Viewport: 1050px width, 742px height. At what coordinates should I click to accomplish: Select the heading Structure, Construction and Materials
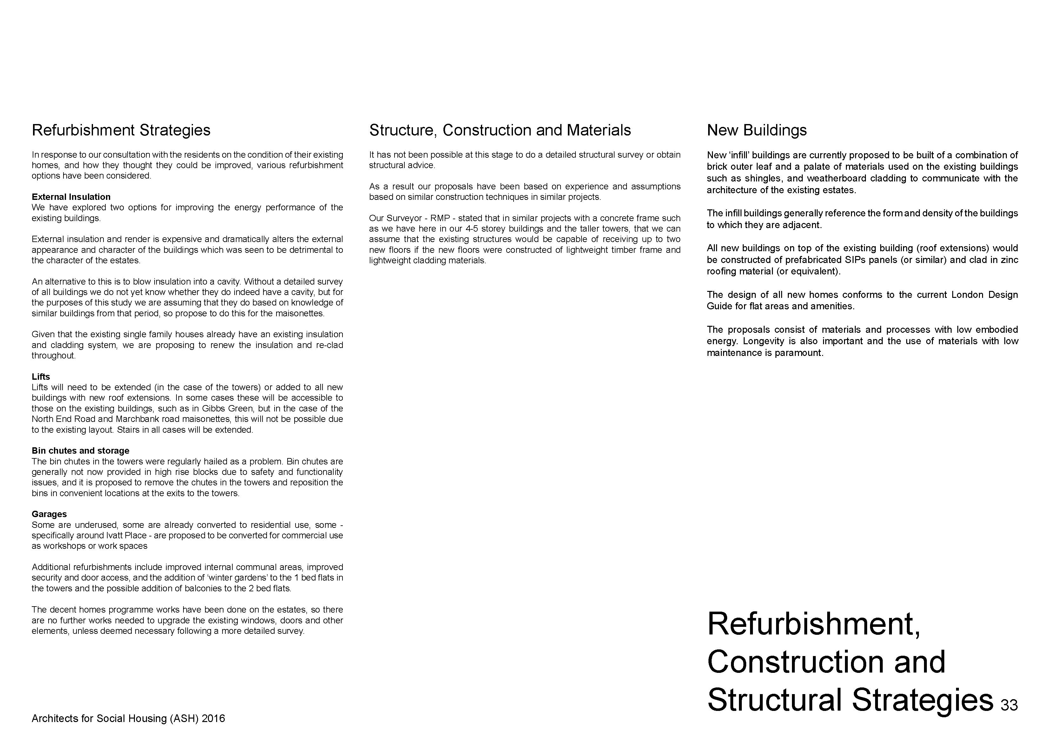coord(500,130)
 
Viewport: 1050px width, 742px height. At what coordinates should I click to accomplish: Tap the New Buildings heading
coord(756,130)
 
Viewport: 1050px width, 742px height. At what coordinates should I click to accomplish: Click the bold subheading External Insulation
coord(71,197)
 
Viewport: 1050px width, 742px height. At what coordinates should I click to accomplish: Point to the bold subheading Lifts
coord(41,377)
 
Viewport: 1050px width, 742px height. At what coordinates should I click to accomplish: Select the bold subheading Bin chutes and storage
coord(81,451)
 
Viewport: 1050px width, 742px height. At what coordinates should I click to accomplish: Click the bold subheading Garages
coord(49,514)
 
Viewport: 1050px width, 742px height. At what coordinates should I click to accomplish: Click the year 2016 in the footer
coord(213,719)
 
